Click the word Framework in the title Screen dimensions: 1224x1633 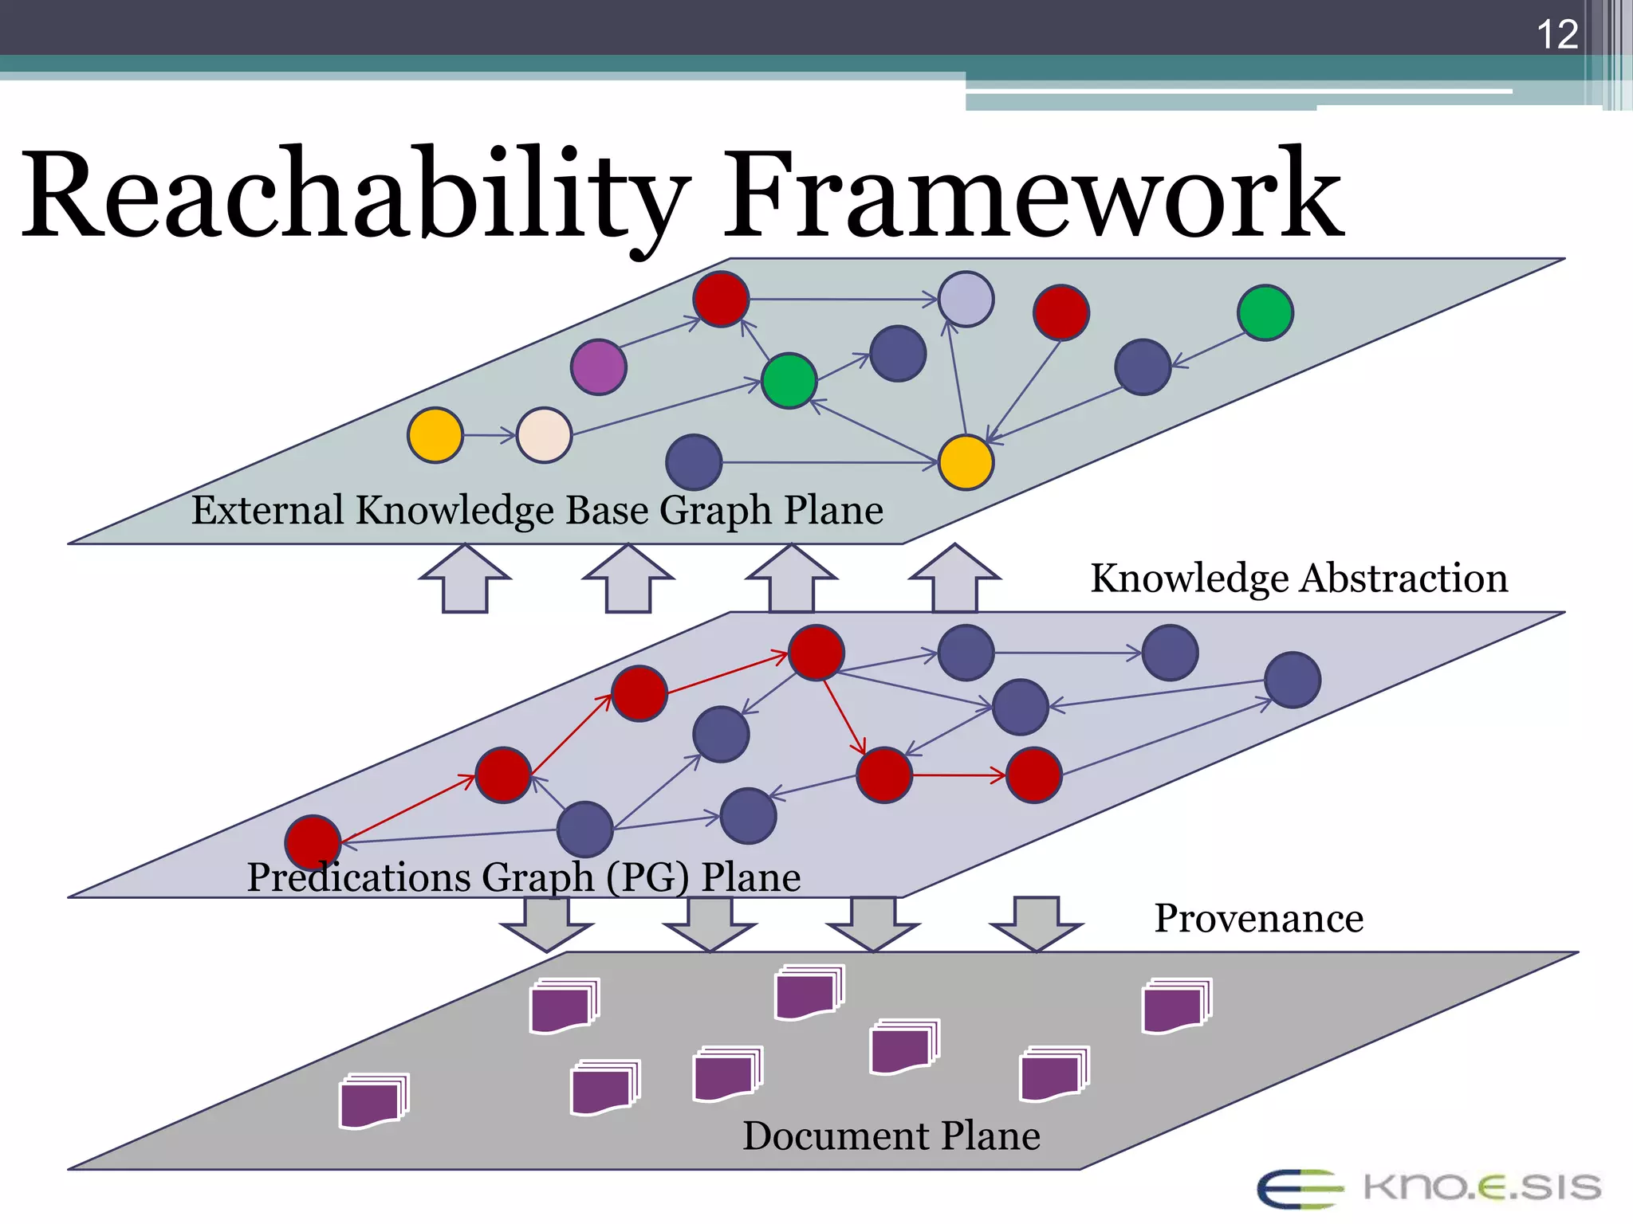(1033, 195)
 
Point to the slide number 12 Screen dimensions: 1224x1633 (1556, 35)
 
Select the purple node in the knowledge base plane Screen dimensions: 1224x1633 (599, 367)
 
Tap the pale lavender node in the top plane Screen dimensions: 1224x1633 (966, 299)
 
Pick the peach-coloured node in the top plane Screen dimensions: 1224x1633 (545, 435)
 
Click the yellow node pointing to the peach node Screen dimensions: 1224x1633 (435, 435)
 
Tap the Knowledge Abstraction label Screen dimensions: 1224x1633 (1299, 578)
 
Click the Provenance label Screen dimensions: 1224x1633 (1258, 918)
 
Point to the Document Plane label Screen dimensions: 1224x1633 (891, 1136)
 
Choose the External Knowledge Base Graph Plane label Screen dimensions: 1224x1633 (537, 510)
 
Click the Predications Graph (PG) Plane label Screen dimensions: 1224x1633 (523, 877)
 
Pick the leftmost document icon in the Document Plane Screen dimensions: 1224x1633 (373, 1101)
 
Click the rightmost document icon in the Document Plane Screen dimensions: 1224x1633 (1176, 1006)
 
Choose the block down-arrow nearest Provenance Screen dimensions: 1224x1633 (1037, 924)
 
